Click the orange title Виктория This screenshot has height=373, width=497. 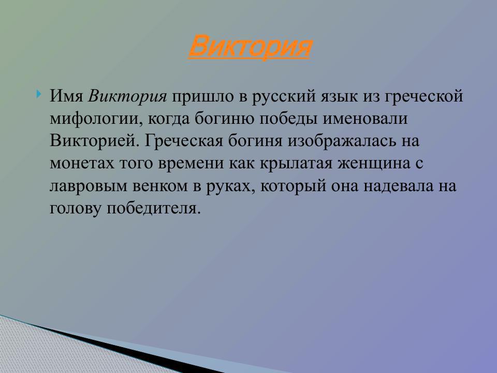pos(249,47)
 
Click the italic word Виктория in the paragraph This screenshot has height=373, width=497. pos(128,96)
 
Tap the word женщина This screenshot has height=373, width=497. pos(388,163)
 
